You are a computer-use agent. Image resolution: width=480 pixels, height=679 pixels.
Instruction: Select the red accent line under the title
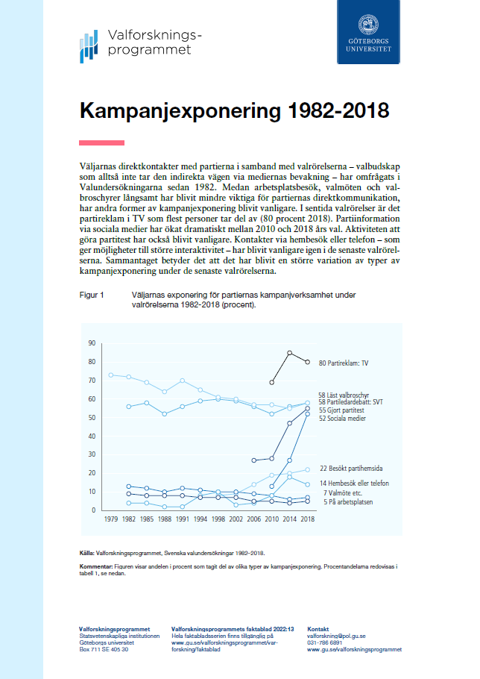coord(101,143)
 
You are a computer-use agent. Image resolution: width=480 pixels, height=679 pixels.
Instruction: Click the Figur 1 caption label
coord(92,295)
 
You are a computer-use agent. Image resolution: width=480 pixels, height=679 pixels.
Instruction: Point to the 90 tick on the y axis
coord(92,343)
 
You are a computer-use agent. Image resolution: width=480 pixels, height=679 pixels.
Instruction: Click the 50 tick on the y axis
coord(92,418)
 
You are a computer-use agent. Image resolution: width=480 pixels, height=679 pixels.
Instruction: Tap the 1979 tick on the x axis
coord(110,519)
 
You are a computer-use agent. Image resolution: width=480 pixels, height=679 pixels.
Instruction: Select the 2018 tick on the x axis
coord(307,519)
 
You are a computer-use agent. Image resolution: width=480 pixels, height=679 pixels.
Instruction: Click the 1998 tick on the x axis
coord(218,519)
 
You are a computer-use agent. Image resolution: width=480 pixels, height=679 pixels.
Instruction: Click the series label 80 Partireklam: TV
coord(344,363)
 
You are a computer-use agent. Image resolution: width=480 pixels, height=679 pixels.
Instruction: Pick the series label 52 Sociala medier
coord(343,419)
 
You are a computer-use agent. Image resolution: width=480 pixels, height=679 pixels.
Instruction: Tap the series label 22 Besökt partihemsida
coord(350,469)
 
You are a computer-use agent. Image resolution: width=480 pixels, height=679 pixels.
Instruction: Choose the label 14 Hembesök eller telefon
coord(355,484)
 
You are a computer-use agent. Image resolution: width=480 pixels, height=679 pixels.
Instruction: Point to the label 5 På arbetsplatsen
coord(347,502)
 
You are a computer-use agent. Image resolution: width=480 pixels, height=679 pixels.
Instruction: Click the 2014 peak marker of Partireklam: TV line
coord(289,353)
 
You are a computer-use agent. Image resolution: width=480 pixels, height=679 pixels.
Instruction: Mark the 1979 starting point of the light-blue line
coord(110,375)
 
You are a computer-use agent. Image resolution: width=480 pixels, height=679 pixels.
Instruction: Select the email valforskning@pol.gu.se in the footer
coord(336,636)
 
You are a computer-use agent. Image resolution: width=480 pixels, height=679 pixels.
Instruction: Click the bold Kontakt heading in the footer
coord(318,629)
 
